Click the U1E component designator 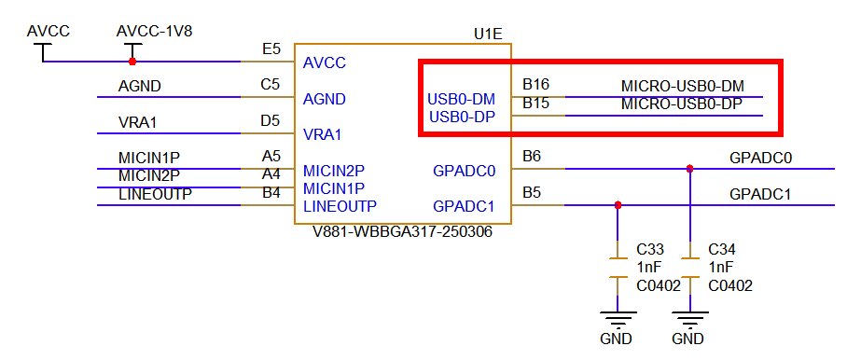488,35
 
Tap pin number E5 271,48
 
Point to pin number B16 535,84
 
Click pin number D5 271,120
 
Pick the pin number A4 271,174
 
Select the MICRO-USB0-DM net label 682,86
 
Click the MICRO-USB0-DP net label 682,104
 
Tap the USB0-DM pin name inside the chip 462,99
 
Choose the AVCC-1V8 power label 154,31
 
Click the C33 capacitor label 650,250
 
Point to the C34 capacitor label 723,250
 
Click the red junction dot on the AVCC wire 132,62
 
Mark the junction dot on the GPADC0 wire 689,169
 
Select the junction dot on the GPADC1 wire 618,205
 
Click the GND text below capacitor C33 616,339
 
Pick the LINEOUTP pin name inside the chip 340,206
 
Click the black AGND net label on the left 140,87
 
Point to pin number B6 532,156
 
